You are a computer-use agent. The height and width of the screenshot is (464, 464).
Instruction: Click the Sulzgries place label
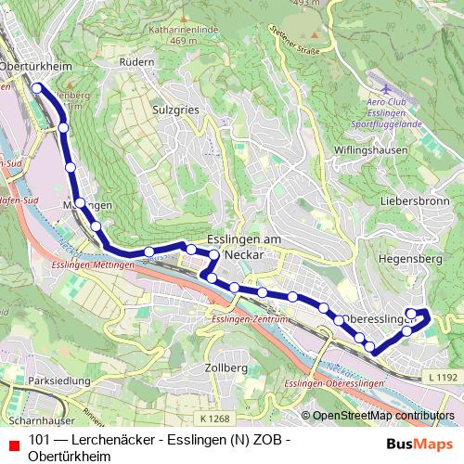tap(171, 109)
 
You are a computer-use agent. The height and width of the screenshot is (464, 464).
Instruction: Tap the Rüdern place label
tap(136, 61)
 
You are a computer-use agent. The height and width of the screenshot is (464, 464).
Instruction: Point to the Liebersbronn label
tap(414, 200)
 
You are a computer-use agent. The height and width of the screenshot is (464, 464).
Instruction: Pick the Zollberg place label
tap(225, 368)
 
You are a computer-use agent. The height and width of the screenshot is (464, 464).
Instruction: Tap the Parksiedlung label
tap(58, 380)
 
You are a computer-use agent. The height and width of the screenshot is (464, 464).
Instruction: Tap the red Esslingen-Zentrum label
tap(250, 319)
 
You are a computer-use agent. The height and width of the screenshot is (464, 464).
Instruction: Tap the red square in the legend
tap(13, 441)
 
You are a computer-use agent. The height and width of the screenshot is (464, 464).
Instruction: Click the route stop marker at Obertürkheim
tap(37, 88)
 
